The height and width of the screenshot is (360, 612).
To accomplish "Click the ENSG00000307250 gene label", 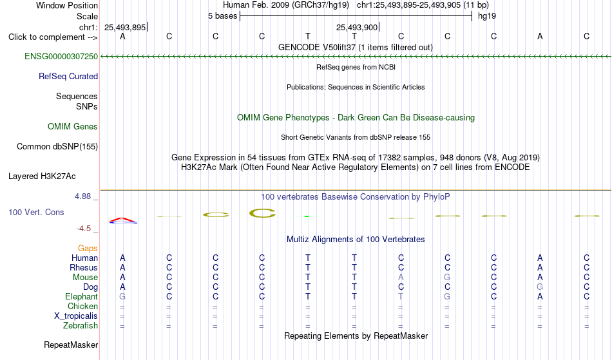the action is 61,57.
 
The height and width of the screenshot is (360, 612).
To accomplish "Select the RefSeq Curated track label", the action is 68,77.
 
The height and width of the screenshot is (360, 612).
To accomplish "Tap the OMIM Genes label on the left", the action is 73,127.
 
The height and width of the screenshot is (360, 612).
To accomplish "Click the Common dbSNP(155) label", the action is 57,147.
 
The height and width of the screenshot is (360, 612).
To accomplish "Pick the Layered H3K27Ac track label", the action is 42,176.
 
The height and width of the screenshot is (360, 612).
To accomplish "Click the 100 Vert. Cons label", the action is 36,212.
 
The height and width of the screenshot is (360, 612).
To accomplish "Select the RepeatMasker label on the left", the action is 71,345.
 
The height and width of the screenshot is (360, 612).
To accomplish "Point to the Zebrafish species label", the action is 81,326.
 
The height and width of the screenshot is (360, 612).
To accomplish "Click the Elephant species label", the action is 82,297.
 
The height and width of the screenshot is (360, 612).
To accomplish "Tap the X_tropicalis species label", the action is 76,316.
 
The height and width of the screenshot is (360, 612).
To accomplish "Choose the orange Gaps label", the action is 88,249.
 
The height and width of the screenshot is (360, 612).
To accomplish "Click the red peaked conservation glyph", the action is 123,220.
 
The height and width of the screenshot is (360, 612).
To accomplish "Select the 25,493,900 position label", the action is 357,27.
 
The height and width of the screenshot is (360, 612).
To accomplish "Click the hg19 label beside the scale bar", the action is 487,16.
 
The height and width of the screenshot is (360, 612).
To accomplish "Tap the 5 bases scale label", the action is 222,16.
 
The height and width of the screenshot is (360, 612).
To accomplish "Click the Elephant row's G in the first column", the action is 122,297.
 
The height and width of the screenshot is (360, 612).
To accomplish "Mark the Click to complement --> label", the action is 53,37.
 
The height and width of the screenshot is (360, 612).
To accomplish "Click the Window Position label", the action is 67,5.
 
